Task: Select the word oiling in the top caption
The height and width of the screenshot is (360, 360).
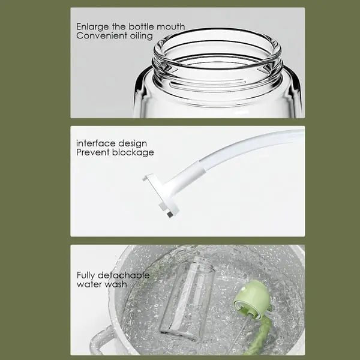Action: [139, 36]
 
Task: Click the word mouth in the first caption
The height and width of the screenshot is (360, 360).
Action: [170, 27]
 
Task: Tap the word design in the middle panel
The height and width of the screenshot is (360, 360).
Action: [131, 143]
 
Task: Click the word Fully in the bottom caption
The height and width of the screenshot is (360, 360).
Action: [86, 275]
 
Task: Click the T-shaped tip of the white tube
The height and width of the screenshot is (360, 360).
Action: [159, 192]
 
